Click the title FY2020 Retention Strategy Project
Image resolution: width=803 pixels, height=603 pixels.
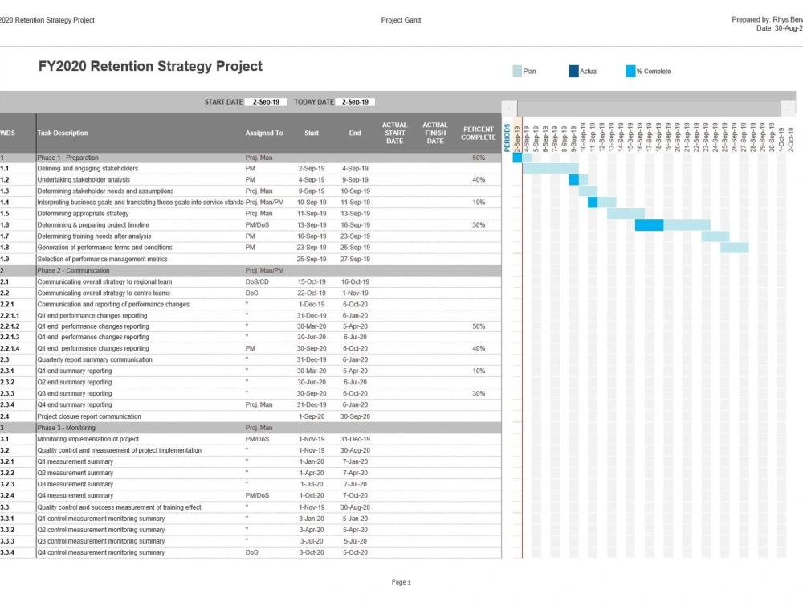coord(150,67)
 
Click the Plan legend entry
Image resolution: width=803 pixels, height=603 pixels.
coord(529,72)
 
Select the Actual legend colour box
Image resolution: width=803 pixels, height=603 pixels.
coord(573,72)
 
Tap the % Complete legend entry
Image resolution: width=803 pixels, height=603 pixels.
coord(653,72)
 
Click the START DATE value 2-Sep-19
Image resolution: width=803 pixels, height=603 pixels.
coord(266,102)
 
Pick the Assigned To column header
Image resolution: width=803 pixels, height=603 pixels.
coord(264,133)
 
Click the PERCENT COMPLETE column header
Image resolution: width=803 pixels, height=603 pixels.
coord(479,133)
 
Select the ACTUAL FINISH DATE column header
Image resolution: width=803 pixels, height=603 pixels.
coord(435,133)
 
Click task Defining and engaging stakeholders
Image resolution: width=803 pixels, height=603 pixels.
coord(88,169)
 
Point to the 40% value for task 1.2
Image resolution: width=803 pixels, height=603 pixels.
coord(479,180)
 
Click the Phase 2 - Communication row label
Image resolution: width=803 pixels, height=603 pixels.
coord(73,271)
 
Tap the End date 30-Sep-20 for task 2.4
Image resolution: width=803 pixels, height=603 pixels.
coord(355,416)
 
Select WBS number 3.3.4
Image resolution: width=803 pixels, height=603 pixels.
coord(7,552)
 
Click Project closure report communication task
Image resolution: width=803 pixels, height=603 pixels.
coord(89,416)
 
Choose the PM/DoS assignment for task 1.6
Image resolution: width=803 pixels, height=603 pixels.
coord(257,225)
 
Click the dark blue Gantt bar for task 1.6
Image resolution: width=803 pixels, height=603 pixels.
coord(649,225)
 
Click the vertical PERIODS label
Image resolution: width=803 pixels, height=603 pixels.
coord(507,137)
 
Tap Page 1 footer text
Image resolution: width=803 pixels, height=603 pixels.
coord(401,582)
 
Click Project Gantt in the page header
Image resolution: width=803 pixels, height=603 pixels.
coord(401,20)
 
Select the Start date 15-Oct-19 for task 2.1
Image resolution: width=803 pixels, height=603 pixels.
coord(311,282)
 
